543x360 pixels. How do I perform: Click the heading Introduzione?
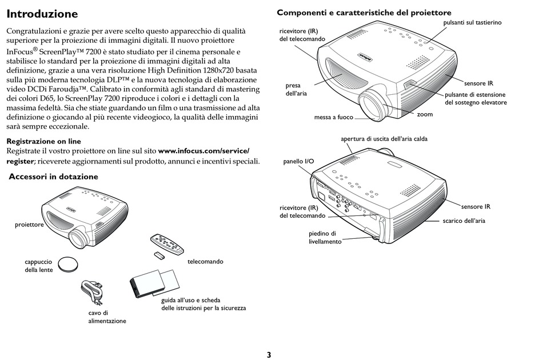tap(42, 13)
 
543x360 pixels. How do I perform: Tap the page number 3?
tap(269, 354)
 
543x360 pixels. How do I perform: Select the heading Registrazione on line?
tap(43, 141)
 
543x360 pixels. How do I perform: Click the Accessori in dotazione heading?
tap(54, 177)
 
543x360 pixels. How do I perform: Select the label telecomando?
tap(205, 262)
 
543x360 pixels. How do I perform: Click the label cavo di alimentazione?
tap(107, 317)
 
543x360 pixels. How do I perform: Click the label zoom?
tap(425, 114)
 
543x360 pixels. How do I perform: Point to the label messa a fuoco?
tap(333, 118)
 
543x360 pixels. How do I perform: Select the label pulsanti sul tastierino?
tap(472, 22)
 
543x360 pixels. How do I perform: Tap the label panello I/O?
tap(298, 162)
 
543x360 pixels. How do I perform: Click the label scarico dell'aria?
tap(464, 221)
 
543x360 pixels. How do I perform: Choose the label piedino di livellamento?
tap(325, 238)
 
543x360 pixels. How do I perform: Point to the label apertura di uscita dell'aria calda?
tap(384, 139)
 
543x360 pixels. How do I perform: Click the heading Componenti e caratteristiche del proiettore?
tap(364, 13)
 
